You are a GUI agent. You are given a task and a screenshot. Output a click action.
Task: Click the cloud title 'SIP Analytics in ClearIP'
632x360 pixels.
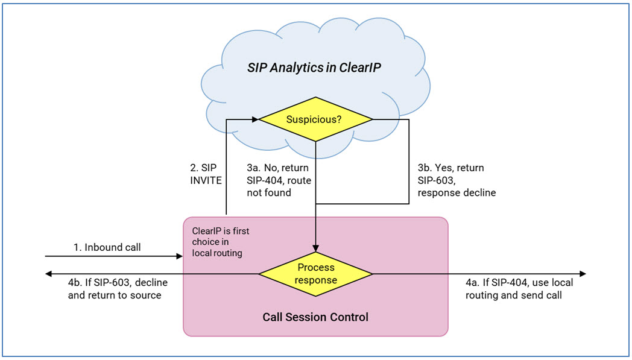(x=314, y=68)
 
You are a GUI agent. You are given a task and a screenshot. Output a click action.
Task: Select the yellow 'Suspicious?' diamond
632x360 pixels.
(x=315, y=119)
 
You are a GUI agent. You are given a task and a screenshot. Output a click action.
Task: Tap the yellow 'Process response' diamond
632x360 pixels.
(x=315, y=274)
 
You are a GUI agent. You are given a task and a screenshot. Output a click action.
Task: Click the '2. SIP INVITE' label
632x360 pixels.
(x=206, y=174)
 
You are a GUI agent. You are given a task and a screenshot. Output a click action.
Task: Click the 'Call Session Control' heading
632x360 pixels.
(x=315, y=317)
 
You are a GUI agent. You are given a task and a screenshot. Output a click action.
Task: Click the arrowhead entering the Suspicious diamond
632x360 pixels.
(x=255, y=119)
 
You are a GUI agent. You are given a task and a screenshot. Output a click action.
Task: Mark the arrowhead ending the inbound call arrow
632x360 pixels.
(x=180, y=256)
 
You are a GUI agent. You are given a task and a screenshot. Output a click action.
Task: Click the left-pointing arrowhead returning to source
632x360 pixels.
(x=49, y=274)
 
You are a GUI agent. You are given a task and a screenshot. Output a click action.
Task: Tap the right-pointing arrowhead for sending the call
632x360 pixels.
(x=582, y=274)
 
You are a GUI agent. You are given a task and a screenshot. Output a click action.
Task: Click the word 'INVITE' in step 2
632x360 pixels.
(x=206, y=181)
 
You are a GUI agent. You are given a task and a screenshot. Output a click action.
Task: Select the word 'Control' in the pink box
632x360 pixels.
(x=351, y=317)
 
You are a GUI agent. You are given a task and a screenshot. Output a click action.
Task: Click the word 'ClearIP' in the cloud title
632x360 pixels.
(x=361, y=68)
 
